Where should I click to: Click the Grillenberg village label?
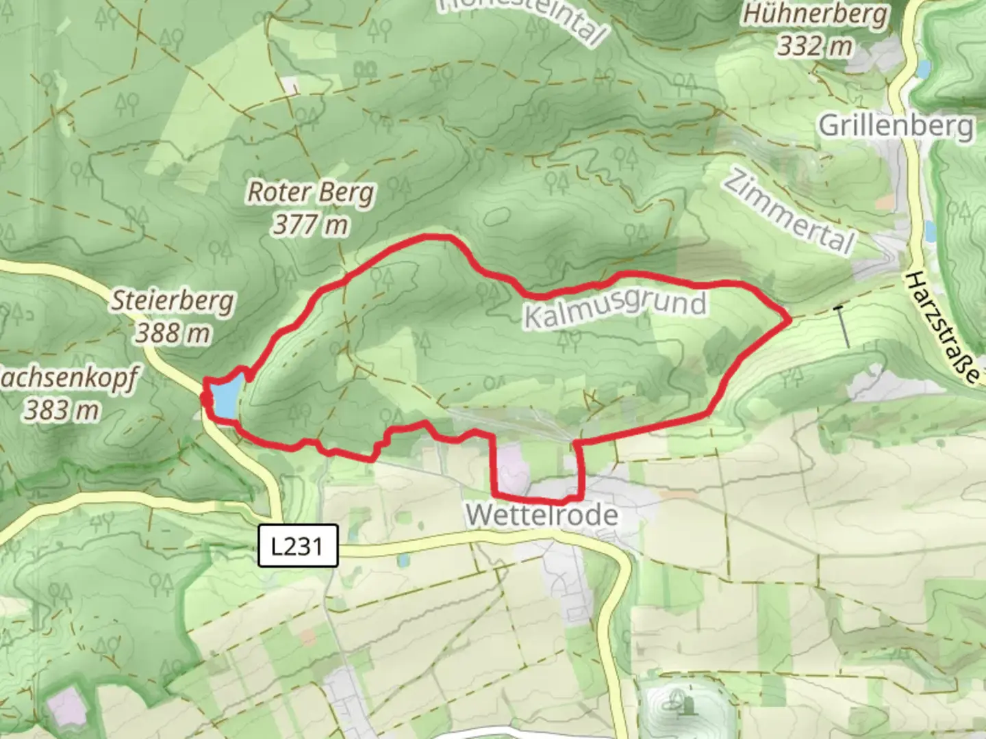896,127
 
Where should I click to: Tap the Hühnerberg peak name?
815,15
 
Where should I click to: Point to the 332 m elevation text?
815,47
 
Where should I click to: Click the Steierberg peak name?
173,301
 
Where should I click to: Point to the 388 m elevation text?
173,333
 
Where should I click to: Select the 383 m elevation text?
62,411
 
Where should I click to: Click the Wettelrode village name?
542,515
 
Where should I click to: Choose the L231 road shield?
298,546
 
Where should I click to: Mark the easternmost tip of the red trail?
790,319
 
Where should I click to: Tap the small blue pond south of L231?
403,561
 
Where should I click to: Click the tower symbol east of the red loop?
843,326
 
